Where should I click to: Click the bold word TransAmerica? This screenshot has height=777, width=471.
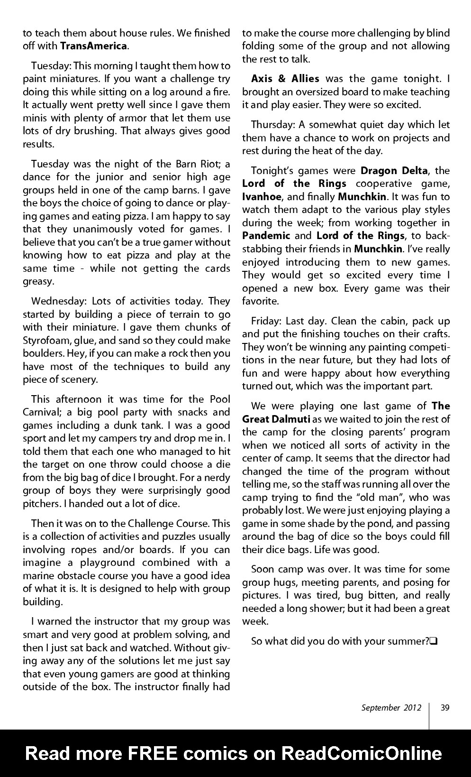click(x=93, y=46)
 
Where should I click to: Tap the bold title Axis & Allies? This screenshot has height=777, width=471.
click(x=285, y=79)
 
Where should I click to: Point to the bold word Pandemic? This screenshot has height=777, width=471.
click(x=266, y=236)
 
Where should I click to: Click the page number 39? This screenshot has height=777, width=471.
click(x=444, y=708)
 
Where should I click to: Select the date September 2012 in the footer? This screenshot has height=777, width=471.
click(x=391, y=708)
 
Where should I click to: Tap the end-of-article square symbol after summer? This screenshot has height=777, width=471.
click(x=433, y=642)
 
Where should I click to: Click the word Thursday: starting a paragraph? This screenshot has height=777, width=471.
click(x=272, y=125)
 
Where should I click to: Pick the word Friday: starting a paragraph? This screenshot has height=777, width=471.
click(x=267, y=321)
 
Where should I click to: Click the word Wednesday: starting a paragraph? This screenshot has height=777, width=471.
click(x=59, y=301)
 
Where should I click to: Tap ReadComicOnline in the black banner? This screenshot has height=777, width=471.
click(x=362, y=753)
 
